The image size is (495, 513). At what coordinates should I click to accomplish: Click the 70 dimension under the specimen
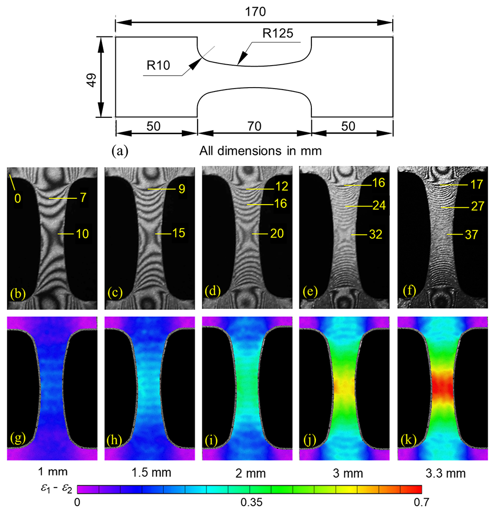pos(254,127)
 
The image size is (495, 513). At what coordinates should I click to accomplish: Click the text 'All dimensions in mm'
pos(259,151)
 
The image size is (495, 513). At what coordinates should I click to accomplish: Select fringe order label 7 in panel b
pos(83,197)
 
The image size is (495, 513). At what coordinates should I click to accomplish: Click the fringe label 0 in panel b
pos(18,198)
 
